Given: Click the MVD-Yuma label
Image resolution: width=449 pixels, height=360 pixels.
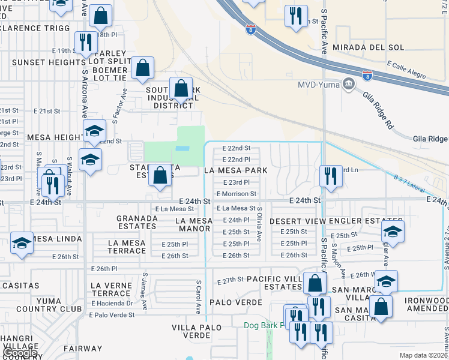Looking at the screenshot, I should tap(319, 84).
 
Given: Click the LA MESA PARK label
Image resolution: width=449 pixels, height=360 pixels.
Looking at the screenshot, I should tap(235, 170).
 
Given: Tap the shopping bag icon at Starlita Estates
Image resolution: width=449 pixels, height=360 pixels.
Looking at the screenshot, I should tap(160, 176).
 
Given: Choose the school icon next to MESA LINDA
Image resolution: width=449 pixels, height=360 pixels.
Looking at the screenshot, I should tap(22, 243).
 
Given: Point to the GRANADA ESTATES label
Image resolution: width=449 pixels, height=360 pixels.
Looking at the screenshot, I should tap(137, 222).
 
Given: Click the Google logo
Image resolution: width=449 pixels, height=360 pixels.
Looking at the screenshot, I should tap(21, 353).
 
